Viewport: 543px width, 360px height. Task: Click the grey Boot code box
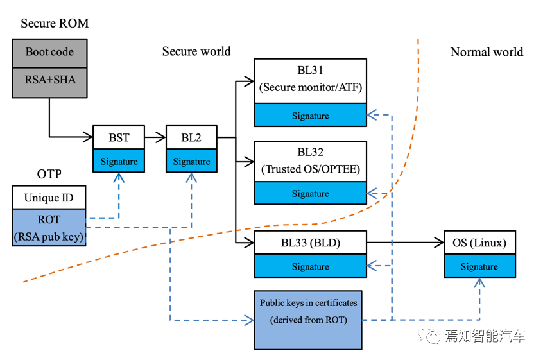pos(49,52)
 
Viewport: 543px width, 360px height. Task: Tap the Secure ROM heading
pos(55,24)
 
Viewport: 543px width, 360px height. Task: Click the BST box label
pos(119,137)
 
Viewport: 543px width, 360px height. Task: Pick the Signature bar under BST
pos(119,161)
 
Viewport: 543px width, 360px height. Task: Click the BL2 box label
pos(191,137)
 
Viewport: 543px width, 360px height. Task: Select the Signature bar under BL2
pos(191,161)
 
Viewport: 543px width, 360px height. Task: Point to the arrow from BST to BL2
pos(155,137)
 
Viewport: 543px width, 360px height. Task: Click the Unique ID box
pos(49,197)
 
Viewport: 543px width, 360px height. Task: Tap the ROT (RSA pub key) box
pos(49,227)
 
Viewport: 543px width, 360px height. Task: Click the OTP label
pos(49,175)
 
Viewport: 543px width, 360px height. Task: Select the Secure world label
pos(196,51)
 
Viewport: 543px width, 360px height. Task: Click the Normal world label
pos(487,52)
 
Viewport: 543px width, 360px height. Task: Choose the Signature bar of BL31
pos(310,116)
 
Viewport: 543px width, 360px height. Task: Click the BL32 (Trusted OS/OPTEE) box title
pos(310,160)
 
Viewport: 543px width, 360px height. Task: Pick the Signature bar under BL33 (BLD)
pos(310,266)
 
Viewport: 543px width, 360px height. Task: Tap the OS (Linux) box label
pos(479,243)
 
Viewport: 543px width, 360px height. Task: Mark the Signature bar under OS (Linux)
pos(479,266)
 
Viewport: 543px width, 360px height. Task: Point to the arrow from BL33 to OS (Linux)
pos(404,243)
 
